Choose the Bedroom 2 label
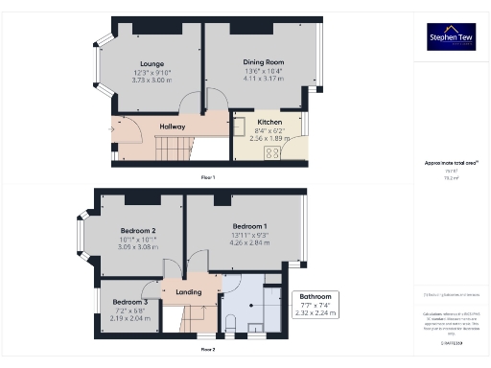tap(138, 231)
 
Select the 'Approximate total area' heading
tap(451, 163)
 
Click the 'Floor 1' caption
tap(207, 178)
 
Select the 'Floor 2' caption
tap(207, 350)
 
